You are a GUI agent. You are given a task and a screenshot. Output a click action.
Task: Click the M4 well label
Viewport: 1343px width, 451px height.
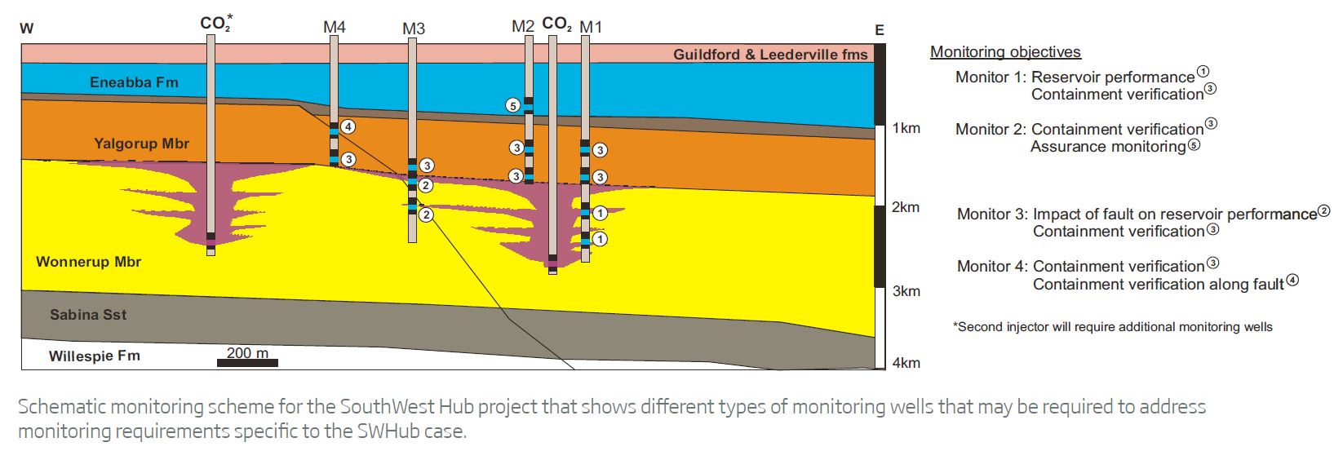click(x=335, y=27)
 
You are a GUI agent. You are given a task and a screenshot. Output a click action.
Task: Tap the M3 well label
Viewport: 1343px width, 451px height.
click(x=414, y=29)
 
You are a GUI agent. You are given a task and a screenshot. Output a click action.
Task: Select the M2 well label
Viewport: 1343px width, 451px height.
click(x=523, y=27)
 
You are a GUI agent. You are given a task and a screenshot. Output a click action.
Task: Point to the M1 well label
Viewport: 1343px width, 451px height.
click(x=591, y=28)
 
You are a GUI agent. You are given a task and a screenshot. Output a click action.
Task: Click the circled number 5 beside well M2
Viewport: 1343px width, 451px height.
click(x=512, y=105)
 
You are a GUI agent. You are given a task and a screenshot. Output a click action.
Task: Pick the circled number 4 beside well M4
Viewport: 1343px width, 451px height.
click(x=348, y=126)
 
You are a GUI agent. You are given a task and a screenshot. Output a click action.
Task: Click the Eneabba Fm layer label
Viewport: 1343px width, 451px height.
click(x=134, y=82)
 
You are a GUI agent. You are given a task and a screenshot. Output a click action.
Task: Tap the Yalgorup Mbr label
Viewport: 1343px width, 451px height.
click(x=141, y=144)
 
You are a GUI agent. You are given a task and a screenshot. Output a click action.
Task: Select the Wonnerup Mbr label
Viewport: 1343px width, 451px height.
click(x=88, y=262)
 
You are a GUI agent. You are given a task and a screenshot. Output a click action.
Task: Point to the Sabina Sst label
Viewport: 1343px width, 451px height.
click(x=88, y=315)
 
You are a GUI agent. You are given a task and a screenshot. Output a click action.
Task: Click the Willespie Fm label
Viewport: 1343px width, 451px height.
click(x=94, y=356)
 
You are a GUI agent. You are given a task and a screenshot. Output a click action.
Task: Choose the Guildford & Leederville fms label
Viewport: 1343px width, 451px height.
click(x=769, y=55)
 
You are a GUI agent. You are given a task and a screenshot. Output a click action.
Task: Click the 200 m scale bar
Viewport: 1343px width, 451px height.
click(x=247, y=362)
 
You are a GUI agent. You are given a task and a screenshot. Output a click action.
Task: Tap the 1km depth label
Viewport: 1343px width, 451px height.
click(x=906, y=128)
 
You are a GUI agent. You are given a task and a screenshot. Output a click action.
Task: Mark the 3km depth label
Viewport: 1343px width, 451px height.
click(x=906, y=291)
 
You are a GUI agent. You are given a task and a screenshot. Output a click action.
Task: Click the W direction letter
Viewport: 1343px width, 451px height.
click(x=27, y=29)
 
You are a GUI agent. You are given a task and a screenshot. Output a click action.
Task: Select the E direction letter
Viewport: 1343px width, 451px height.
click(x=879, y=31)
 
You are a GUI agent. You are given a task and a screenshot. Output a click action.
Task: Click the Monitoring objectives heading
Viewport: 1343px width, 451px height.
click(x=1005, y=52)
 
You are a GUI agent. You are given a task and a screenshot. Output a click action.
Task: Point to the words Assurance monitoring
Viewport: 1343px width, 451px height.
click(x=1107, y=147)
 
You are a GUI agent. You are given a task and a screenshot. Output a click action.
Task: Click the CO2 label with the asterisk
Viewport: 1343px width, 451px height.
click(x=215, y=23)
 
